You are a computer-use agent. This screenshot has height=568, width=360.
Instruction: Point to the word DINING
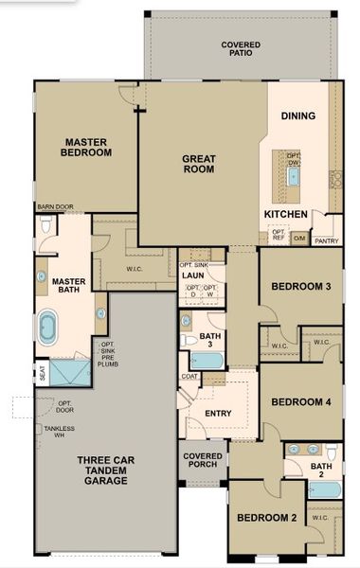(x=297, y=116)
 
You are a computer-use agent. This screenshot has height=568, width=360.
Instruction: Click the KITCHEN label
(x=285, y=215)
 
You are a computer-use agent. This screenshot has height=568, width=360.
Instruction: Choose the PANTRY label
(x=326, y=241)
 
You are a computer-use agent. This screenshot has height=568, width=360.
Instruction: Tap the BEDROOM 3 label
(x=300, y=287)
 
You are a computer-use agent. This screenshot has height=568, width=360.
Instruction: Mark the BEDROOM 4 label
(x=300, y=401)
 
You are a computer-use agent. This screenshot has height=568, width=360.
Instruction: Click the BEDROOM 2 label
(x=267, y=518)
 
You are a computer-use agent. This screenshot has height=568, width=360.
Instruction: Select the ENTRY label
(x=219, y=413)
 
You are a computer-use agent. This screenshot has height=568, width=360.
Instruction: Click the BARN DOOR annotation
(x=56, y=206)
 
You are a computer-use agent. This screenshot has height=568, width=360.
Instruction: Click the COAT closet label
(x=189, y=376)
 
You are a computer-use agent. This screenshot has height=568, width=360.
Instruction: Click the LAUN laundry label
(x=194, y=275)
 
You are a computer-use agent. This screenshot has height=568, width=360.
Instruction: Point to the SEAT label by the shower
(x=42, y=373)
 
